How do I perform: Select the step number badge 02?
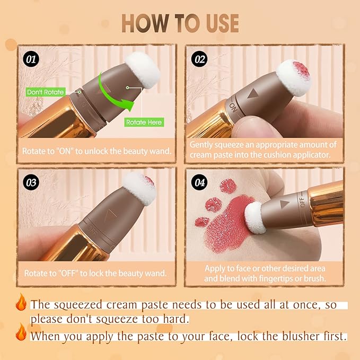[x=200, y=59]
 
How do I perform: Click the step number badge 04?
[x=200, y=183]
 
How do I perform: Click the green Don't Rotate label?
[x=46, y=92]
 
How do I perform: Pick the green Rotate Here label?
[x=144, y=122]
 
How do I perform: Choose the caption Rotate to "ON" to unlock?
[x=96, y=151]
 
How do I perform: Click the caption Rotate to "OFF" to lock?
[x=95, y=274]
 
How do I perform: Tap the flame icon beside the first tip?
[x=21, y=303]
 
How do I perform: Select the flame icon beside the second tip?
[x=21, y=334]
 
